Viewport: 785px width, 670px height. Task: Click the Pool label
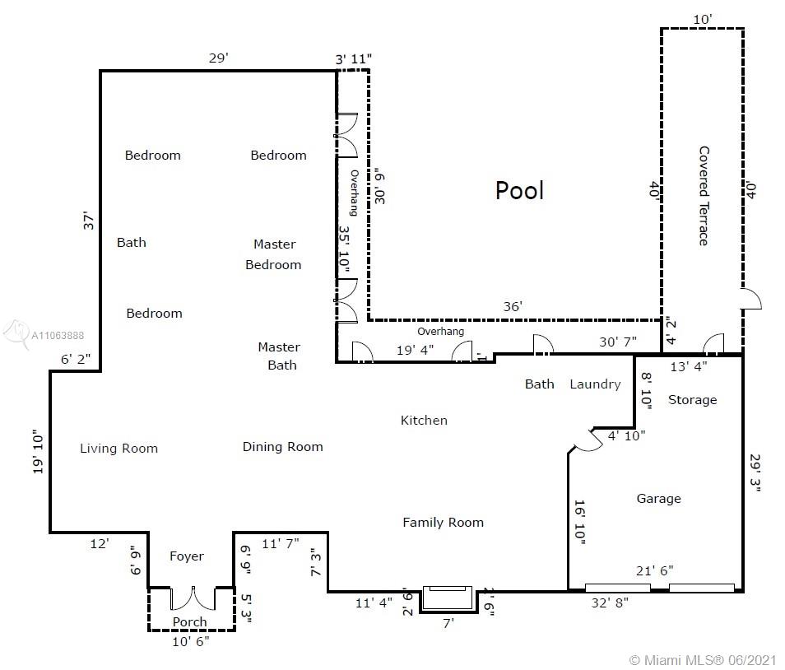coord(519,190)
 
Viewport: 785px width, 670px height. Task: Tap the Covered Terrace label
coord(704,196)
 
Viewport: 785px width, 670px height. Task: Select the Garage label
coord(658,499)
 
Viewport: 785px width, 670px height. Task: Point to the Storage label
coord(692,399)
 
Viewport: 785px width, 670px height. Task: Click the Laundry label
coord(595,384)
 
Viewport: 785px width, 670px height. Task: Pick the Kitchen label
coord(424,420)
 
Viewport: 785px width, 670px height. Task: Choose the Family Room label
coord(443,523)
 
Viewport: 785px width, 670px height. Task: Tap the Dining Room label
coord(282,447)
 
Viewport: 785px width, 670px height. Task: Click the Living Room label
coord(118,448)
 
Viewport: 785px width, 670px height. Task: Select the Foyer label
coord(186,556)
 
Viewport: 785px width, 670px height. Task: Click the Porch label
coord(189,621)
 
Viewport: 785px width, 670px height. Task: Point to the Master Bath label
coord(279,356)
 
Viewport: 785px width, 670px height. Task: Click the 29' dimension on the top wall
coord(219,58)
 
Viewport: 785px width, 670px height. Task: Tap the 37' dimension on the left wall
coord(88,221)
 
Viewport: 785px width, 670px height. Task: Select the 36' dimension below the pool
coord(513,306)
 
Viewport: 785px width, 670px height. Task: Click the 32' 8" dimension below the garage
coord(610,603)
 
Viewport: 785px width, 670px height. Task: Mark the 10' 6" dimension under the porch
coord(190,641)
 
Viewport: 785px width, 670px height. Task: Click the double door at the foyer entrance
coord(193,599)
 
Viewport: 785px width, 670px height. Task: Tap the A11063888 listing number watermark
coord(58,336)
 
